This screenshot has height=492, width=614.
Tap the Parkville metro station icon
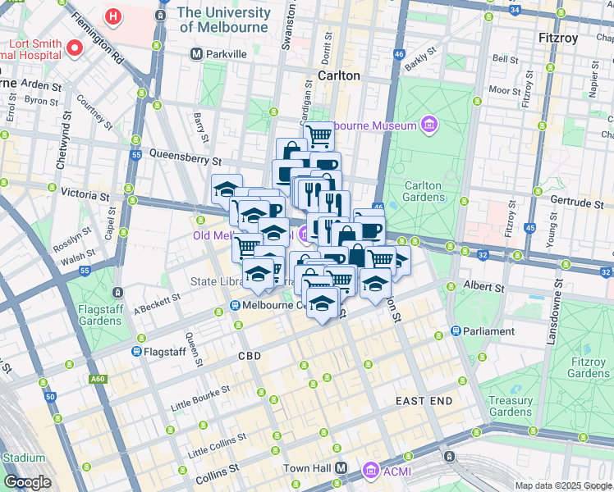coord(196,54)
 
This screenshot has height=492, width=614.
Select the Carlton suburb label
coord(339,75)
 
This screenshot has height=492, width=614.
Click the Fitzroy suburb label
coord(557,38)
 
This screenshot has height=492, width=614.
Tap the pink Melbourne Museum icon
coord(428,125)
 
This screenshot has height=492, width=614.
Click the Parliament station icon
coord(456,331)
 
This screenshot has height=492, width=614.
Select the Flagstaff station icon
coord(136,351)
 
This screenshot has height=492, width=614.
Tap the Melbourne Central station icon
coord(235,306)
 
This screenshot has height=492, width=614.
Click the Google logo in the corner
coord(26,481)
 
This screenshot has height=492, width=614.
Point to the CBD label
coord(249,357)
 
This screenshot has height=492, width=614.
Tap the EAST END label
coord(424,400)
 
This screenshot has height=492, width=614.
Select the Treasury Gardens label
coord(510,407)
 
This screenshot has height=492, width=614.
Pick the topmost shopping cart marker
coord(318,135)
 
